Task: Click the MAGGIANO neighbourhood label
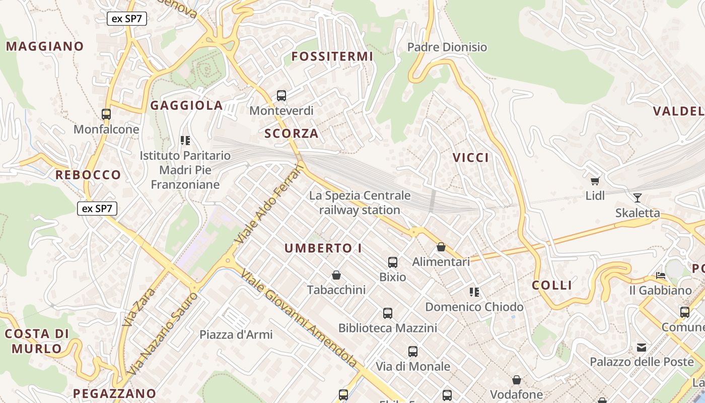(x=45, y=46)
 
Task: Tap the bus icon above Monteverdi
(x=281, y=95)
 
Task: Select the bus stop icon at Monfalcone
(x=106, y=114)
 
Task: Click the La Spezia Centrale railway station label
(x=360, y=203)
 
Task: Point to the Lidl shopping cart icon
(x=595, y=180)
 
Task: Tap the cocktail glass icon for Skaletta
(x=638, y=197)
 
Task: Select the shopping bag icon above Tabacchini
(x=336, y=275)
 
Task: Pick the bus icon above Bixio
(x=393, y=262)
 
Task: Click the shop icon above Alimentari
(x=441, y=247)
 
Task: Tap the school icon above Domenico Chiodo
(x=474, y=292)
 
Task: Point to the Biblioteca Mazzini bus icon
(x=387, y=313)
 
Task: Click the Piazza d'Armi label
(x=236, y=334)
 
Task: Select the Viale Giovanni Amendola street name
(x=300, y=318)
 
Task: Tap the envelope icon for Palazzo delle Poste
(x=642, y=347)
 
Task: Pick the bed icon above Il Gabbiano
(x=661, y=276)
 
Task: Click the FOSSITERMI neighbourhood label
(x=332, y=56)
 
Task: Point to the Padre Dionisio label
(x=447, y=47)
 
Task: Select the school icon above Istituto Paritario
(x=185, y=141)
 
